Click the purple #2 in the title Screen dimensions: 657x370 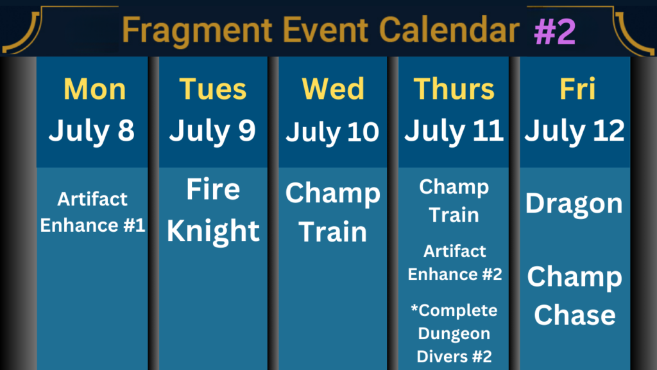point(555,32)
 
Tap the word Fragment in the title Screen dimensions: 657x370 point(198,31)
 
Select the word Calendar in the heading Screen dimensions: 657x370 point(449,30)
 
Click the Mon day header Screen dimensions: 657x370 point(95,89)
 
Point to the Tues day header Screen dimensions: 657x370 point(213,89)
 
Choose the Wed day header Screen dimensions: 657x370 point(333,89)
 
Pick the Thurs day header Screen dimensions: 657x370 point(454,89)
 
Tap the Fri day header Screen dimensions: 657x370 point(577,89)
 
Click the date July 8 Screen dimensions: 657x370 point(92,131)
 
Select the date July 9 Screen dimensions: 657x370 point(212,131)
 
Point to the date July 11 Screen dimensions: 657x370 point(454,131)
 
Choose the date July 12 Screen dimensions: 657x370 point(574,131)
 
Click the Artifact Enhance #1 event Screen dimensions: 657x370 point(92,212)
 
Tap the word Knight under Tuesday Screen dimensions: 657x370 point(213,231)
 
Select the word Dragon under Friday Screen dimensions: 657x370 point(574,204)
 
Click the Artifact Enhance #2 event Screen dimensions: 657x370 point(455,263)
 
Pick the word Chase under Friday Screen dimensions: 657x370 point(575,315)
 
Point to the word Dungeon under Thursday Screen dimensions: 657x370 point(454,334)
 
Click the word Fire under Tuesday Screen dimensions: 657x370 point(213,189)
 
